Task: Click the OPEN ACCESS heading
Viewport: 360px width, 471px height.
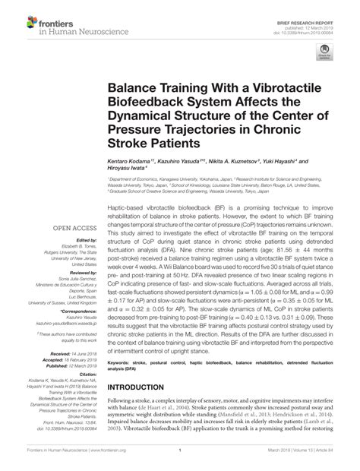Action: pos(73,226)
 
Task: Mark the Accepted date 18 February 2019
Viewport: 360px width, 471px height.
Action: pos(72,359)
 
